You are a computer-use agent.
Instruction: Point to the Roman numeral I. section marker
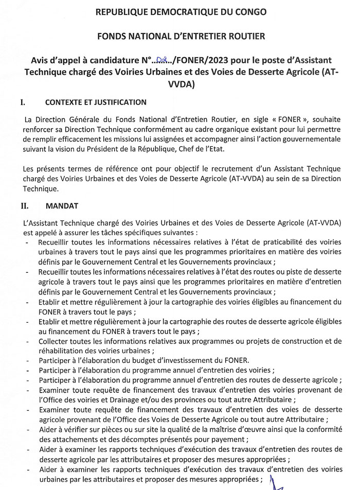[23, 102]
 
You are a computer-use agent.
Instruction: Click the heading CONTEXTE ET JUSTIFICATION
[96, 102]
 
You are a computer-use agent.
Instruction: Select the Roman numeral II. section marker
[24, 206]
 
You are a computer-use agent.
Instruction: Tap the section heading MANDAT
[62, 206]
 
